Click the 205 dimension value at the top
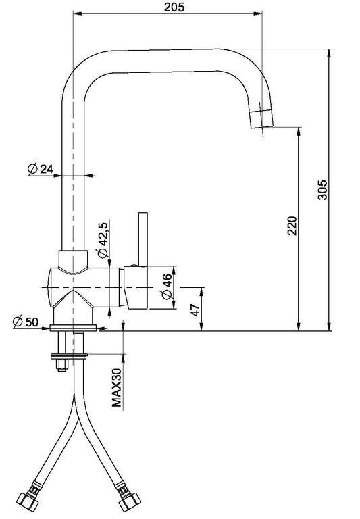point(174,7)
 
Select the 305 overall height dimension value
point(322,190)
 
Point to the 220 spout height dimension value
point(292,226)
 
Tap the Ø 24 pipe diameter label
point(40,169)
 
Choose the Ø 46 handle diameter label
point(167,287)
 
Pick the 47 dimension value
point(196,310)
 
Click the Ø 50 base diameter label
point(26,322)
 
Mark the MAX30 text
point(117,387)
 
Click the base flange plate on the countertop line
point(73,328)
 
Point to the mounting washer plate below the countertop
point(69,357)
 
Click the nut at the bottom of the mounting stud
point(62,366)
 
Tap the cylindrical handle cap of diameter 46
point(136,288)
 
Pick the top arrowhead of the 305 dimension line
point(328,53)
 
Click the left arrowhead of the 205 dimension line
point(77,14)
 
